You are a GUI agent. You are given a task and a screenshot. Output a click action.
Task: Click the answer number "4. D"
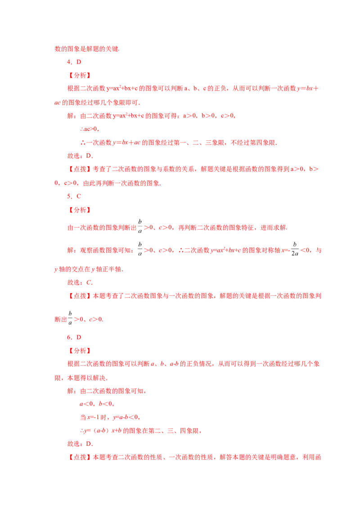coord(74,62)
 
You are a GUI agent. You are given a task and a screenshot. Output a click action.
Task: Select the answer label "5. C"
coord(74,196)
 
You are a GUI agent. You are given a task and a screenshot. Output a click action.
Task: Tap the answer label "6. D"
coord(74,337)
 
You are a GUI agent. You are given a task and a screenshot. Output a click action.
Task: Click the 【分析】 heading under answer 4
coord(80,75)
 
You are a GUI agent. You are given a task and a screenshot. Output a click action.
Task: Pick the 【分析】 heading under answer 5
coord(80,210)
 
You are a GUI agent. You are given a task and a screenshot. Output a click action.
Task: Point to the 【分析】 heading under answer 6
coord(80,351)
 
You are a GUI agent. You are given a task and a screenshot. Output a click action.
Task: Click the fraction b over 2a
coord(295,249)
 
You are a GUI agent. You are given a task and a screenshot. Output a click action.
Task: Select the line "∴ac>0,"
coord(90,129)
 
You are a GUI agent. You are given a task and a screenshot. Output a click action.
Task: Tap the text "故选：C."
coord(80,282)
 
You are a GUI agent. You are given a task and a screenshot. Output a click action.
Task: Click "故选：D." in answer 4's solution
coord(80,156)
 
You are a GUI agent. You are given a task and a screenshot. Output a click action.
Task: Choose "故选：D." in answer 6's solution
coord(80,444)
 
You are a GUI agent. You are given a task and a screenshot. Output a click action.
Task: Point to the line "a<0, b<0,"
coord(97,404)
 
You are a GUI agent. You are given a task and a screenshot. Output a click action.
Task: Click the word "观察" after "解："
coord(86,250)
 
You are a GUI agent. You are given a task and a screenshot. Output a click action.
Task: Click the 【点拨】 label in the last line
coord(80,457)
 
